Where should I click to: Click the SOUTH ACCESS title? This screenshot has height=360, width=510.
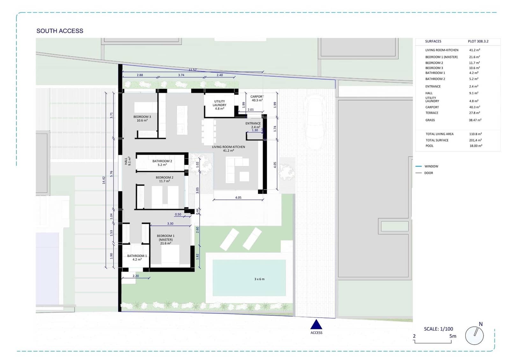[x=60, y=31]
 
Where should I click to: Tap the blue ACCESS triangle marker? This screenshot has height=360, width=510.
[x=316, y=325]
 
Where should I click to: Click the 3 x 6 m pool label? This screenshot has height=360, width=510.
[x=259, y=279]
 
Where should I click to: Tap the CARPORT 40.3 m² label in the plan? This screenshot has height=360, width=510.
[x=257, y=98]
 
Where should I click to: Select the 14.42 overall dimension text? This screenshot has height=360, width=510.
[x=104, y=180]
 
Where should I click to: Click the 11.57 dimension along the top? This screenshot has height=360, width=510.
[x=193, y=70]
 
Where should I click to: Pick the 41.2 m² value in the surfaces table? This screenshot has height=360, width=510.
[x=474, y=50]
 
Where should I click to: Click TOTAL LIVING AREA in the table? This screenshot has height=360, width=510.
[x=439, y=134]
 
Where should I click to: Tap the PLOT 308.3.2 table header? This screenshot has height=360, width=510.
[x=478, y=41]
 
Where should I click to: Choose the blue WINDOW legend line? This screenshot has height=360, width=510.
[x=419, y=166]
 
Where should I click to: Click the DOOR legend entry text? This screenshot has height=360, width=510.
[x=428, y=173]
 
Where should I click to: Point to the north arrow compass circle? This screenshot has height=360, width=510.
[x=474, y=335]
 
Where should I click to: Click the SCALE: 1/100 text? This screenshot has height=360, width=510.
[x=438, y=329]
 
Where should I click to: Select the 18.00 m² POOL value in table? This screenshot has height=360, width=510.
[x=476, y=146]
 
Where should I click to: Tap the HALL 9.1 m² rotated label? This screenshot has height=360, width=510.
[x=127, y=161]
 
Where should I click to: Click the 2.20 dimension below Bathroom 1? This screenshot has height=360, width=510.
[x=135, y=276]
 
